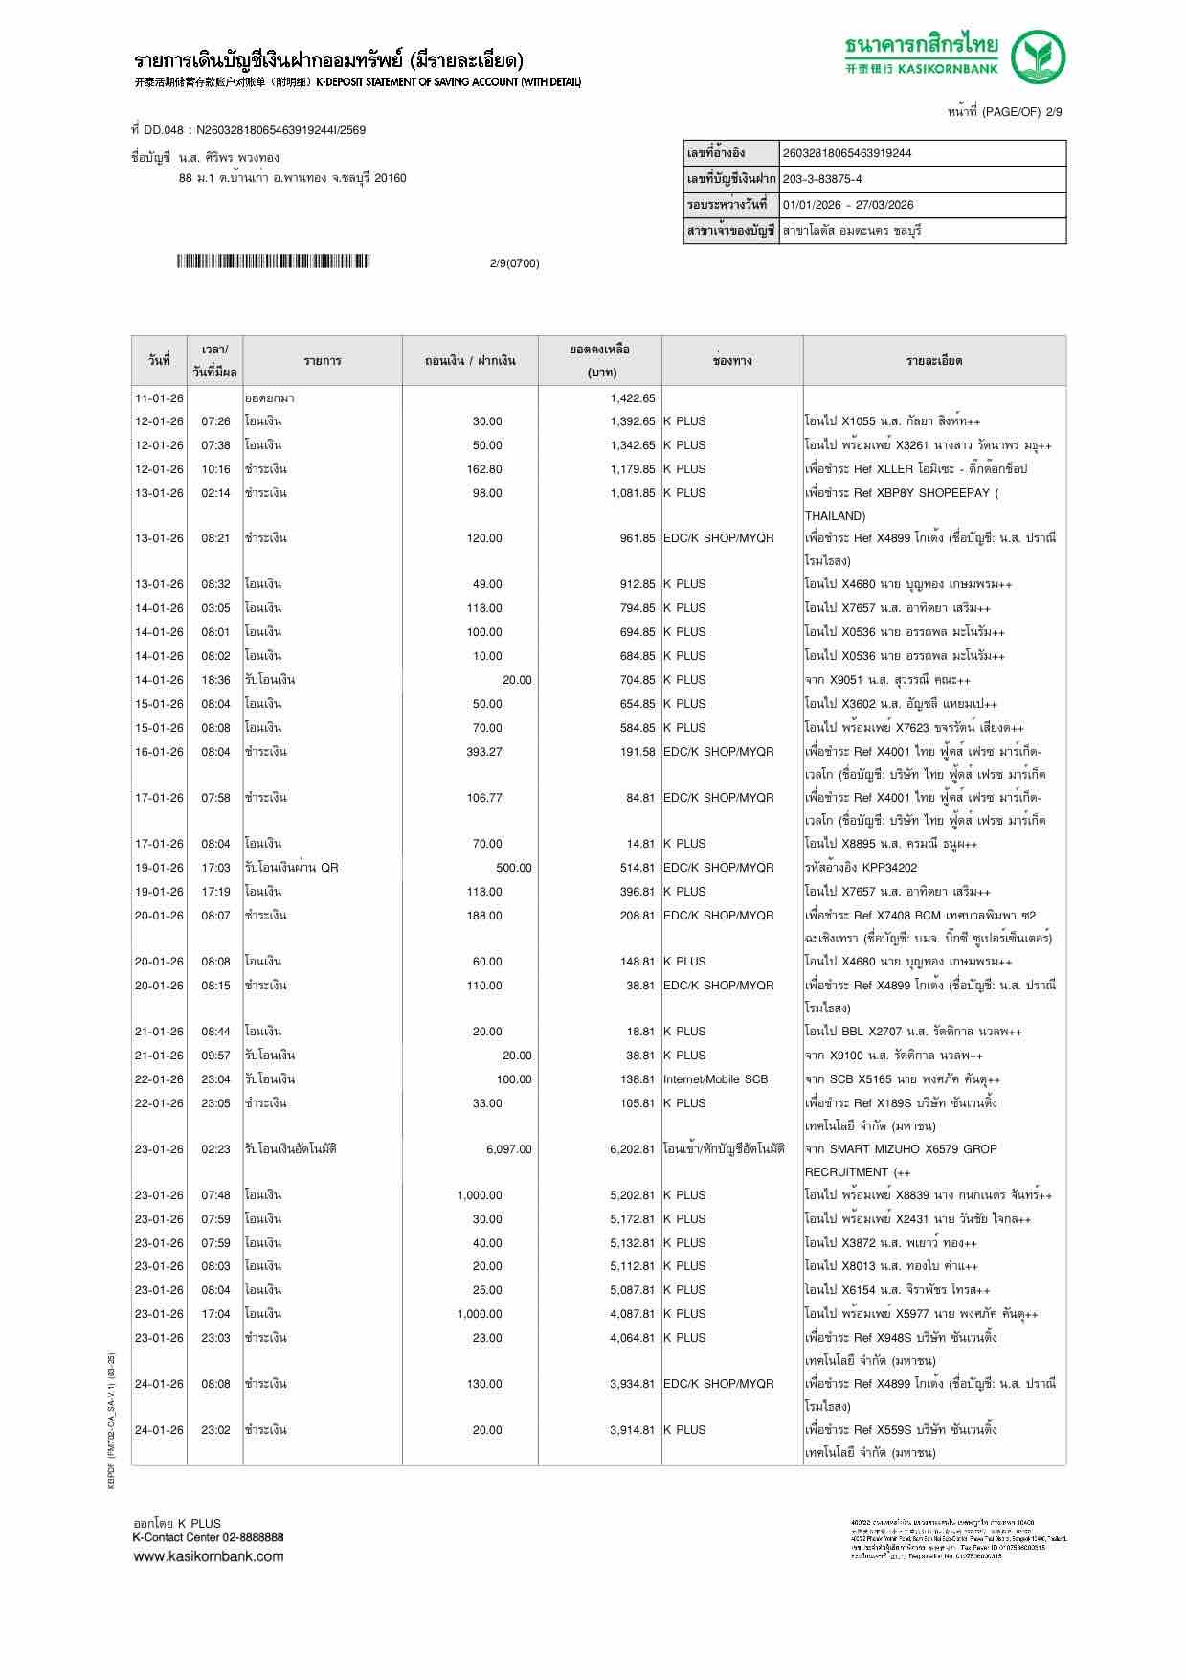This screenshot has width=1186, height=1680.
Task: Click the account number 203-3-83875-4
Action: (822, 179)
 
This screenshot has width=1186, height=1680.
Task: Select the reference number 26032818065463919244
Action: (847, 153)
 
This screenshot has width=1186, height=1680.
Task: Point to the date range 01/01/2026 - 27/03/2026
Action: (848, 205)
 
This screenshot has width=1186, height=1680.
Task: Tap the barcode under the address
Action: (274, 261)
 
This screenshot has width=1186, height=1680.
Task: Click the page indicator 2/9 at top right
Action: (1053, 112)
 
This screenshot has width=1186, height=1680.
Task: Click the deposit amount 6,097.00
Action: (508, 1149)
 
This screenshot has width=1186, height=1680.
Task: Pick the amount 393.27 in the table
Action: (484, 752)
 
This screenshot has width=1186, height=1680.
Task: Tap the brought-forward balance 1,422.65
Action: (632, 397)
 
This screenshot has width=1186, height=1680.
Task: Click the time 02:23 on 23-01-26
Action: (215, 1149)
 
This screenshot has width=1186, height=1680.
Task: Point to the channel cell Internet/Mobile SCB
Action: (715, 1079)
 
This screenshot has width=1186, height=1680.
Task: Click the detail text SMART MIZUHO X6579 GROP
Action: (901, 1149)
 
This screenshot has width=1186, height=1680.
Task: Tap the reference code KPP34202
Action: (889, 868)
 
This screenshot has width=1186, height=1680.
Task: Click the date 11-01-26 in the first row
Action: (159, 397)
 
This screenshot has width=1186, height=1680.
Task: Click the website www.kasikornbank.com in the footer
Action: (208, 1556)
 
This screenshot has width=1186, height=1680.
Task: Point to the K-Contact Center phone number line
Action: (208, 1537)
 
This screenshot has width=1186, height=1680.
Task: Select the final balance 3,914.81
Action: (632, 1430)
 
